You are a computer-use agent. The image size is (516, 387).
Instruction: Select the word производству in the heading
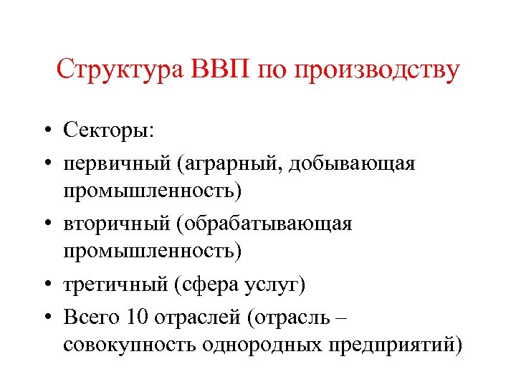point(377,71)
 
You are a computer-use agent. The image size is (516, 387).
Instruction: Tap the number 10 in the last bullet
point(133,315)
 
